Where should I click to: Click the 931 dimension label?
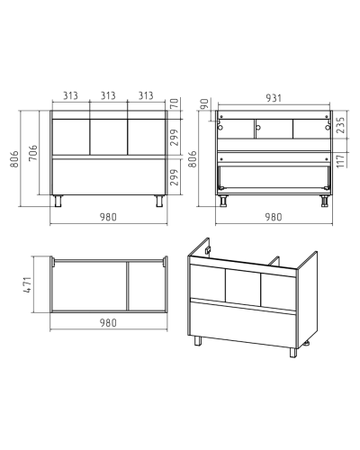coord(274,98)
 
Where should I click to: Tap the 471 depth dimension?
coord(28,284)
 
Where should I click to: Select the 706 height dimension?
coord(33,153)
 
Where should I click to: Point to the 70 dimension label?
coord(175,103)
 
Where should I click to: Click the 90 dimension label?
coord(204,104)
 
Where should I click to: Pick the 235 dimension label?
coord(341,125)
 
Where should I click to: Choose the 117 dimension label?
coord(341,160)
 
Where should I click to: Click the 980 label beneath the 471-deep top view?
coord(108,323)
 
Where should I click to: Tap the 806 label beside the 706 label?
coord(14,159)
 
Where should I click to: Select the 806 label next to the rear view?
coord(193,159)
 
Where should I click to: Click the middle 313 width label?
coord(108,95)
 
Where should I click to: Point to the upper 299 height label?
coord(175,138)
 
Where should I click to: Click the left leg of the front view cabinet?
coord(58,201)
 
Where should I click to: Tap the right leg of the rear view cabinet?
coord(324,201)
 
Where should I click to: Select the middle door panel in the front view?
coord(108,137)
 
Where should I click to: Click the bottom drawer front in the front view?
coord(109,176)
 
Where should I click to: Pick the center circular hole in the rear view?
coord(258,128)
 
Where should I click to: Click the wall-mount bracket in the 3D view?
coord(208,250)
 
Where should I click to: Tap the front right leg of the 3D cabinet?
coord(293,353)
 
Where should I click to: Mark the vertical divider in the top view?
coord(128,286)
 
